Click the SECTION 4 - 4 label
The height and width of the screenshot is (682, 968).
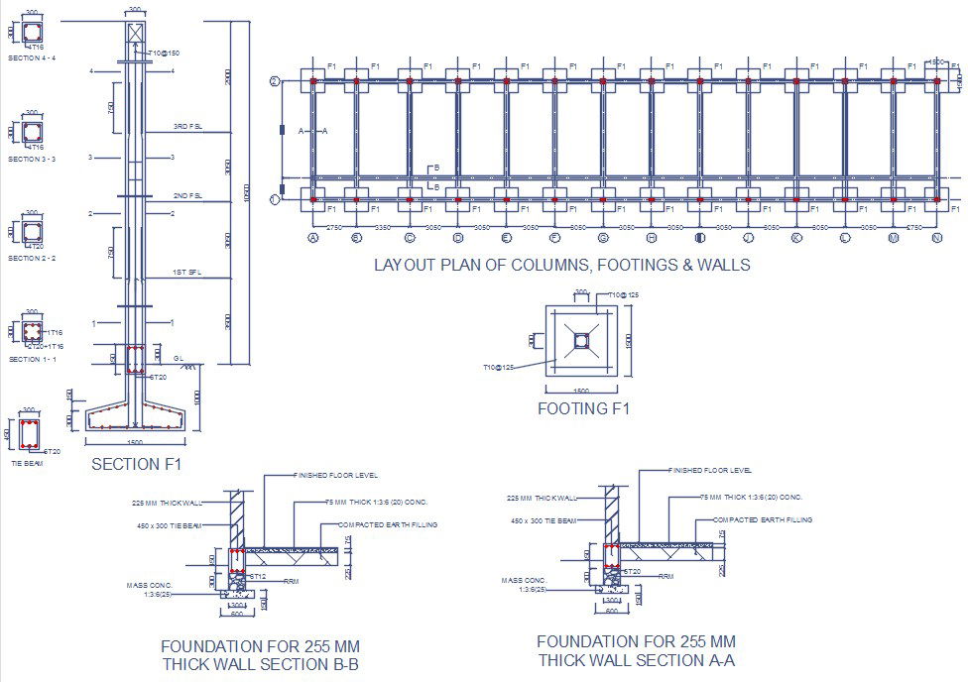[x=32, y=58]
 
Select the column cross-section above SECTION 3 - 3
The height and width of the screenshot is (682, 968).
[x=33, y=133]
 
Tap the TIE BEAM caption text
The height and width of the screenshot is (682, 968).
[x=26, y=463]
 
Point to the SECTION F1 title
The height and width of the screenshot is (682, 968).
[x=136, y=463]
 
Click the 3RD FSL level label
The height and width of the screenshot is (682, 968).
[x=187, y=127]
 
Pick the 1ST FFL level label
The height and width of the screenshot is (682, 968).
[x=187, y=272]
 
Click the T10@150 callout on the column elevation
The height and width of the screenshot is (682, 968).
[x=164, y=53]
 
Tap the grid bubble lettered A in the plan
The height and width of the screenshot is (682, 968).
[x=313, y=238]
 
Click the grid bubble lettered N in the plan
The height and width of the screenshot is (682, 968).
[x=936, y=238]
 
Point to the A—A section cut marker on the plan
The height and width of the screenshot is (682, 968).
[x=311, y=131]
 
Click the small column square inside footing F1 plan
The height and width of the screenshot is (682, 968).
[x=581, y=342]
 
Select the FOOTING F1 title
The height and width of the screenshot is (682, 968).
[x=583, y=408]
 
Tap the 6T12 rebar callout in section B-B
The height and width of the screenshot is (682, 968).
[x=256, y=575]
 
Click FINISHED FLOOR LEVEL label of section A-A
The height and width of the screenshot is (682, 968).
[x=710, y=470]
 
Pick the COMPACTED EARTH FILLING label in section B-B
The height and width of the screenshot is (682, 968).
[x=388, y=524]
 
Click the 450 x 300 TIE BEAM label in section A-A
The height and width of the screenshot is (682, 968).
[x=543, y=519]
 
